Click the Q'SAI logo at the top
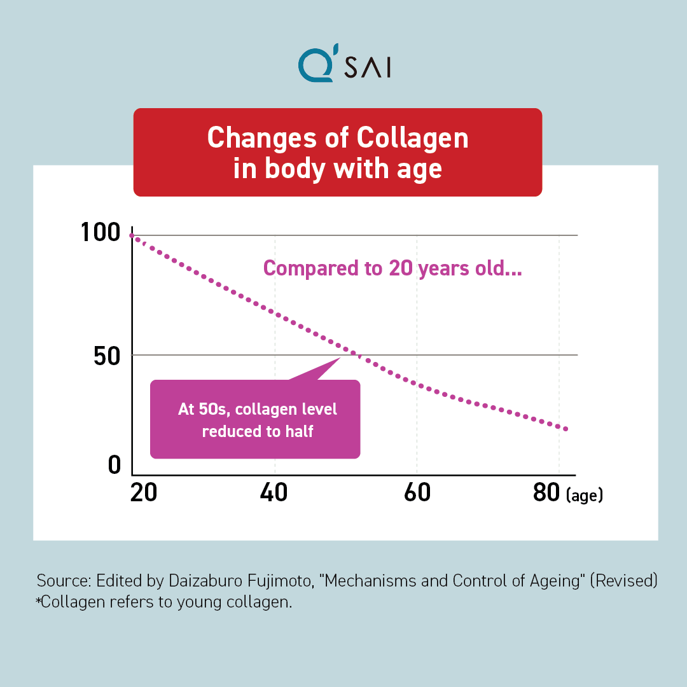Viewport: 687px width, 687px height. pos(343,66)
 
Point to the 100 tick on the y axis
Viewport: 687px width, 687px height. pos(101,233)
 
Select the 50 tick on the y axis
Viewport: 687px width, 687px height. pos(106,355)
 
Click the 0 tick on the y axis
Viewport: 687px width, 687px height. pos(114,465)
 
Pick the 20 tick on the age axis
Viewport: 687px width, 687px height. pos(143,493)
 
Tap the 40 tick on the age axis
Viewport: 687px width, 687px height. pos(274,493)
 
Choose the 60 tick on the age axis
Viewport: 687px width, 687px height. pos(417,493)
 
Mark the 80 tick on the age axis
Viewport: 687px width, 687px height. pos(546,493)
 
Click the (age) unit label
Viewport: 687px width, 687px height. pos(584,496)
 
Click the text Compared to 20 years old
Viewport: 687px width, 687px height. pos(392,268)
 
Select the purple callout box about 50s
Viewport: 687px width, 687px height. pos(255,419)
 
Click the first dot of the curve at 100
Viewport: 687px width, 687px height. pos(132,236)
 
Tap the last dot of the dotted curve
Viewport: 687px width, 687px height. pos(566,429)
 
